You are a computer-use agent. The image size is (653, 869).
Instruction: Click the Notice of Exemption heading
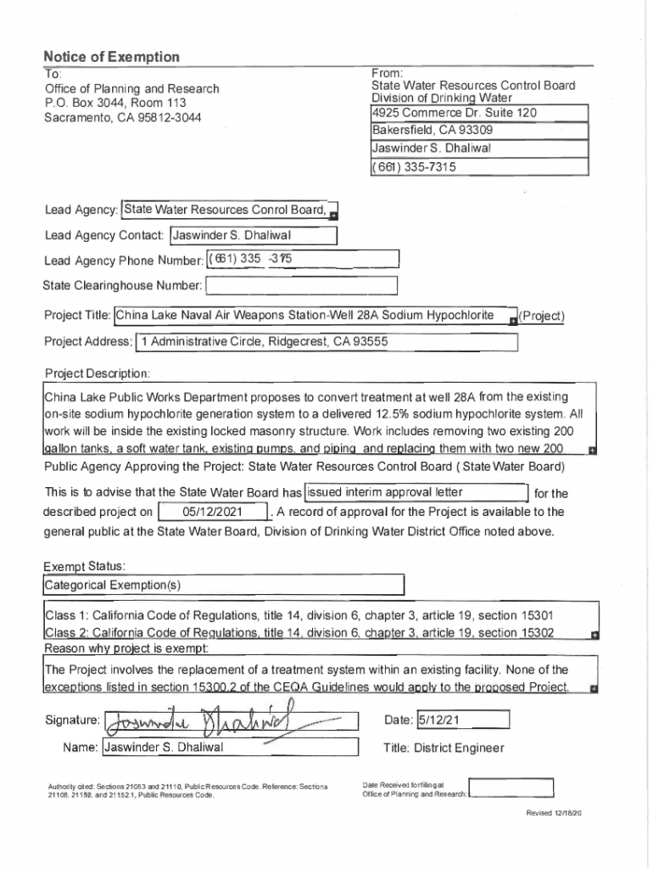coord(112,57)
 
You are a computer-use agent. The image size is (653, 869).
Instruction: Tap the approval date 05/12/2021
coord(213,513)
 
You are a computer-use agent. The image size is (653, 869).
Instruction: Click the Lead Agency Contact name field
coord(254,236)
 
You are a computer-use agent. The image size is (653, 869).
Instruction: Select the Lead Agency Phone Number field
coord(301,259)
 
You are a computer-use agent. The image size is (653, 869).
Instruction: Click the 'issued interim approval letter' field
coord(415,493)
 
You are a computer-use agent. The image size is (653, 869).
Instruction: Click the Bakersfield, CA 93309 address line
coord(479,131)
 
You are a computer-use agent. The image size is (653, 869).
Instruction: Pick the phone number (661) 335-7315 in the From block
coord(479,167)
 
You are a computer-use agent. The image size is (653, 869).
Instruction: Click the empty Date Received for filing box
coord(511,789)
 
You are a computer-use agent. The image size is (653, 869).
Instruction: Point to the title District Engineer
coord(444,748)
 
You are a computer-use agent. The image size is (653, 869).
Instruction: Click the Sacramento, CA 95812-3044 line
coord(123,116)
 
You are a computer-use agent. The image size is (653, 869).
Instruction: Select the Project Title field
coord(314,317)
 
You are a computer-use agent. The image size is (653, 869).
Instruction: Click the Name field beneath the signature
coord(229,748)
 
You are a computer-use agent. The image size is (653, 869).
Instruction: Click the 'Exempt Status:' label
coord(86,565)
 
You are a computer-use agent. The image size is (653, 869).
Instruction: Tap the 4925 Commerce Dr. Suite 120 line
coord(479,113)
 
